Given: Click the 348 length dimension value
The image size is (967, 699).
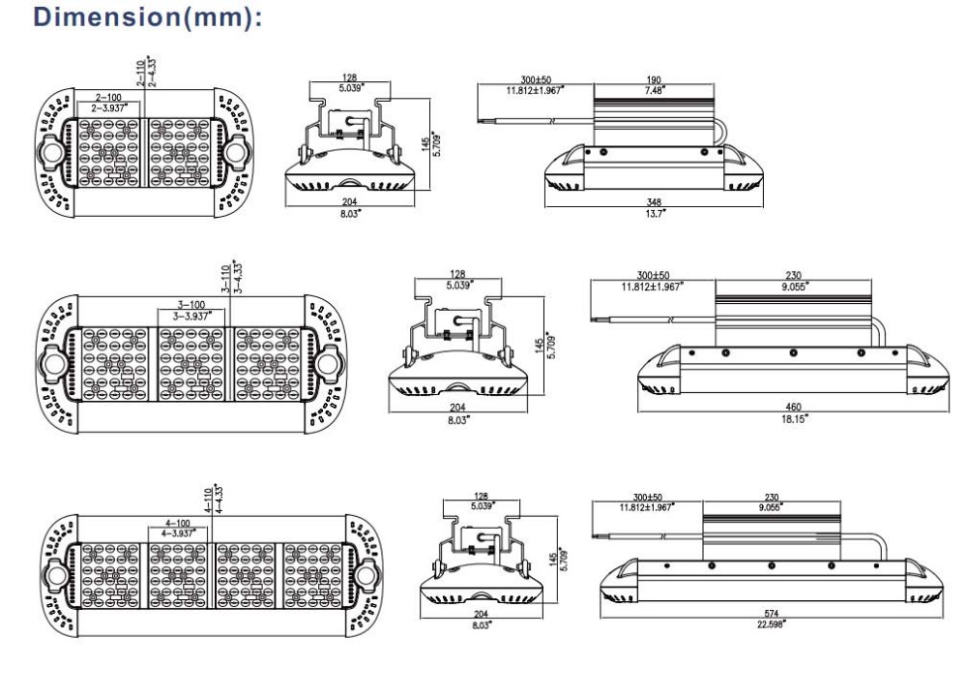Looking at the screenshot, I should (654, 202).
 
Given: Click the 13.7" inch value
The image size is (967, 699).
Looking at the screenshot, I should (654, 211).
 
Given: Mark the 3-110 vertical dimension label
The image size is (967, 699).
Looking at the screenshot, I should (223, 280).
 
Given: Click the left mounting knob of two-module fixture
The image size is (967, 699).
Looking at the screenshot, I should (51, 154).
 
